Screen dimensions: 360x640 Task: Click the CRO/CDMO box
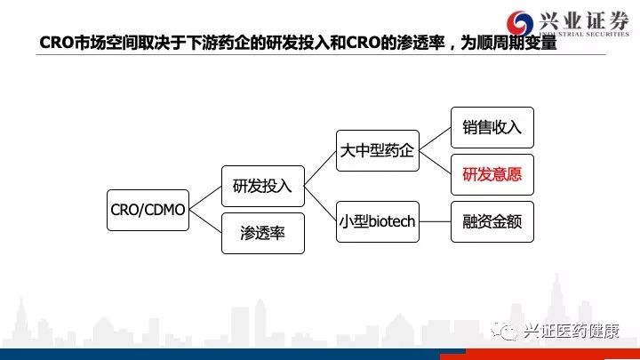point(148,210)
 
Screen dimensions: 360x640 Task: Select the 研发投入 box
point(262,187)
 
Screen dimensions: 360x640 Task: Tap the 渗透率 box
point(262,234)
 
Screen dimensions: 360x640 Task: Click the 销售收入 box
point(492,128)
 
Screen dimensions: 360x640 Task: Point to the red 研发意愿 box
point(492,174)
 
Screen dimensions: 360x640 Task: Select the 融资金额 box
point(492,221)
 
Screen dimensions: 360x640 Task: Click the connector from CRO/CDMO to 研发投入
point(204,198)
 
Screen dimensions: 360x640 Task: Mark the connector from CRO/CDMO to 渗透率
point(204,221)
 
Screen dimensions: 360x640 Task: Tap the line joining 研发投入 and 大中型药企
point(320,169)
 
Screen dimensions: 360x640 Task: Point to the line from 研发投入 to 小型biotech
point(320,204)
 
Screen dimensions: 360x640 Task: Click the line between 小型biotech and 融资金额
point(435,221)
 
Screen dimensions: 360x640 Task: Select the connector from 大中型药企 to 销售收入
point(435,140)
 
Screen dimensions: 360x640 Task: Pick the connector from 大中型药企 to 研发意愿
point(435,163)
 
